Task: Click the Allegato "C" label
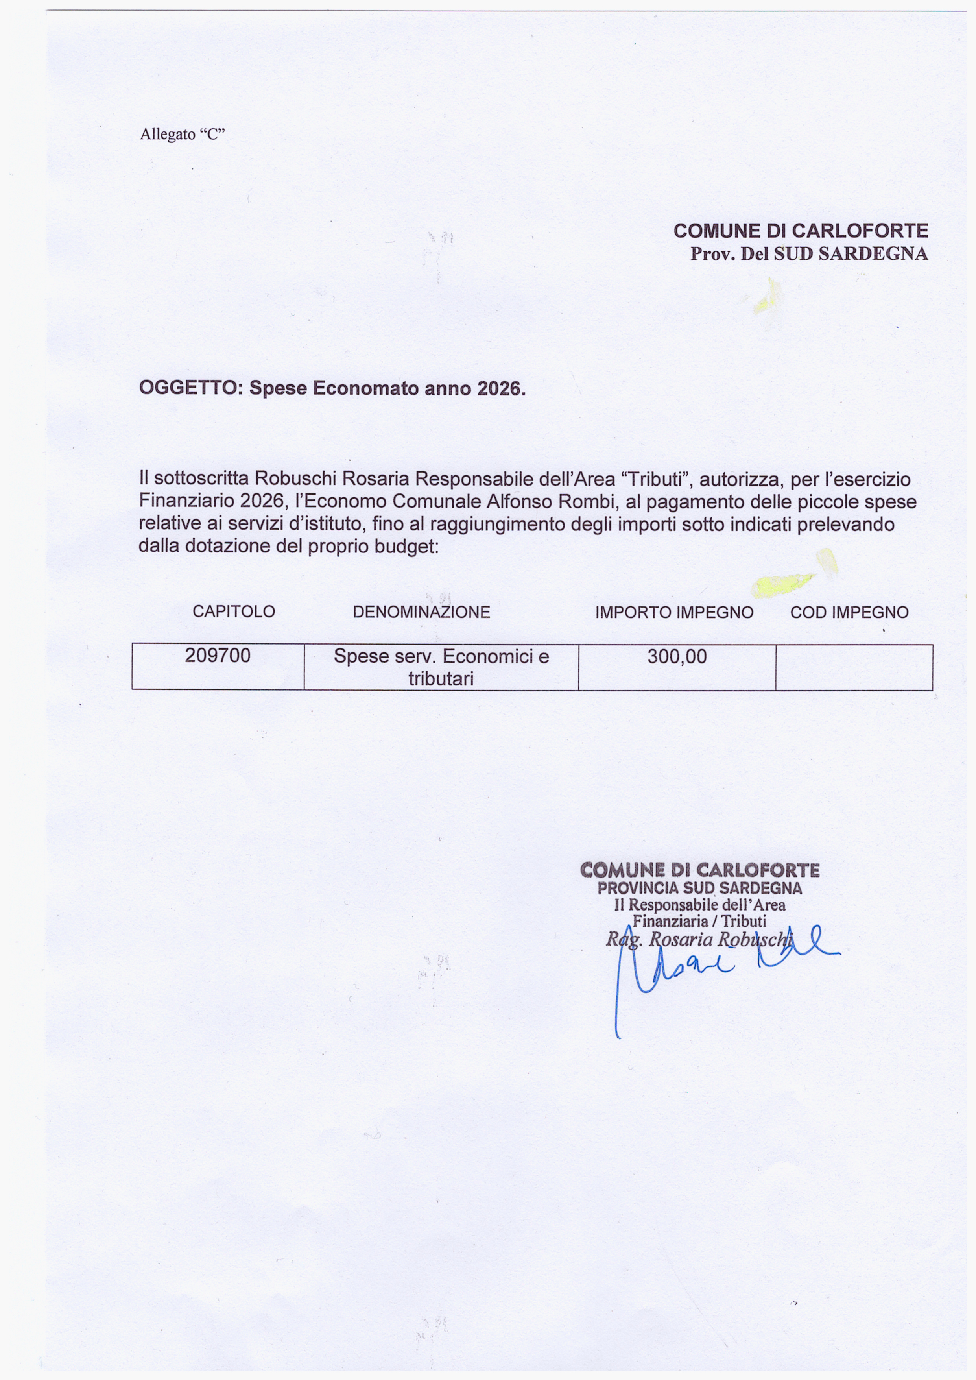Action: click(x=182, y=134)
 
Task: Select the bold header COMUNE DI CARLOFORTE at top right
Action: click(x=801, y=231)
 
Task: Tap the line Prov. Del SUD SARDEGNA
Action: click(x=809, y=254)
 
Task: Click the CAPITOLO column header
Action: click(x=234, y=612)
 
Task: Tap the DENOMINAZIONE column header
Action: click(x=421, y=612)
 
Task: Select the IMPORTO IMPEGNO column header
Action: click(x=674, y=612)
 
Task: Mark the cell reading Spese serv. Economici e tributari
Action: click(x=441, y=667)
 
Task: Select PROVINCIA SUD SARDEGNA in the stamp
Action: click(x=699, y=888)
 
